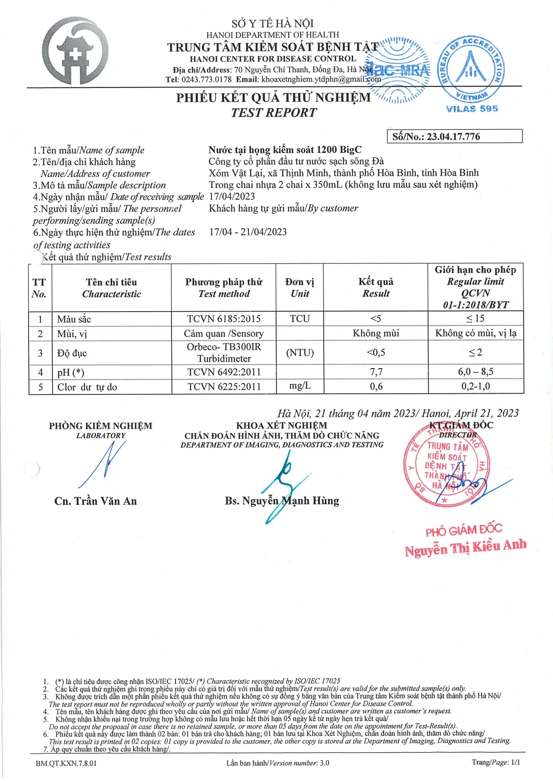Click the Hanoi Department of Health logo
point(76,51)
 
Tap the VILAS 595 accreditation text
point(472,109)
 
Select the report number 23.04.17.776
point(453,137)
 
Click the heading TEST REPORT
point(274,113)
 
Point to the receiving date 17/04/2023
point(232,196)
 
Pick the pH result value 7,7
point(376,372)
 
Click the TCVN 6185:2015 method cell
point(224,319)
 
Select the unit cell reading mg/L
point(300,386)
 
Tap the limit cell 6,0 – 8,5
point(475,372)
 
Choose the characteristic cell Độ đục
point(72,353)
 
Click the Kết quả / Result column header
point(376,288)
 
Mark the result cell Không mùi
point(376,334)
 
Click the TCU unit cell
point(300,319)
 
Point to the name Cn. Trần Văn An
point(96,501)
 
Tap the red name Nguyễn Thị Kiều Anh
point(465,548)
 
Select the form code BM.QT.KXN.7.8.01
point(66,763)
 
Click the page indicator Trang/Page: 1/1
point(496,762)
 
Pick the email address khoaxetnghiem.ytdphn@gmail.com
point(321,79)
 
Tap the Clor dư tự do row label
point(87,387)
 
